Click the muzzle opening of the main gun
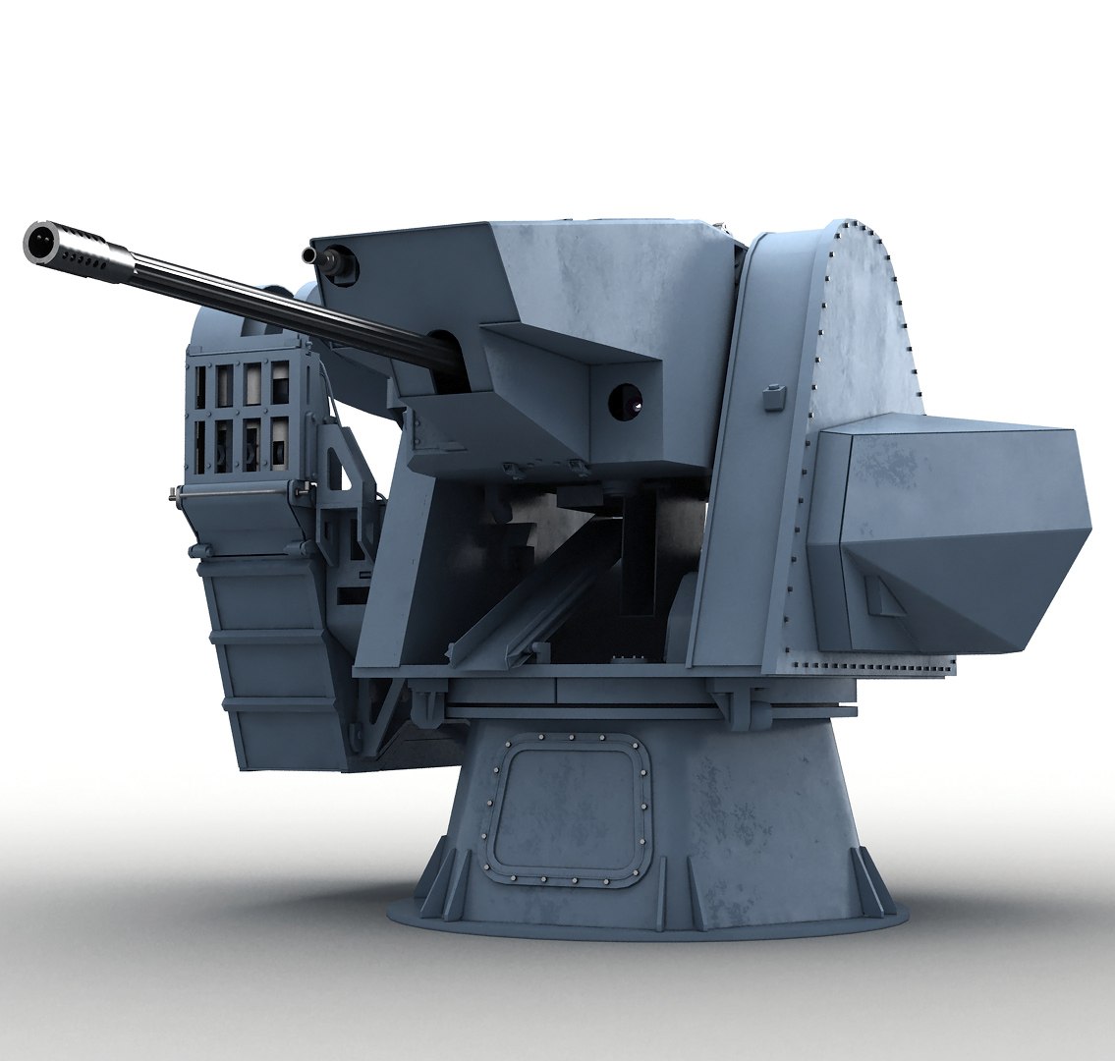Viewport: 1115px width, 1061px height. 40,241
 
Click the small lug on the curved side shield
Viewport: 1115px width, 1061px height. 775,397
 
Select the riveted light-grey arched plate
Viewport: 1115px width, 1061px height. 864,324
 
